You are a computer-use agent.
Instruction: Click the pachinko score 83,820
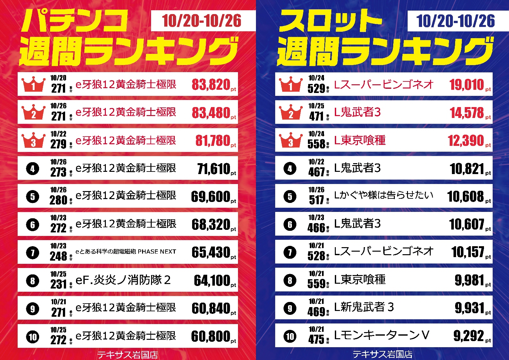(x=211, y=85)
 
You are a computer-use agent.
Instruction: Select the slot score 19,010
(x=466, y=85)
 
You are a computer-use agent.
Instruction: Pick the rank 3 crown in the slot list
(x=291, y=140)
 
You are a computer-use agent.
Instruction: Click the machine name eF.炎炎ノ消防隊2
(x=123, y=280)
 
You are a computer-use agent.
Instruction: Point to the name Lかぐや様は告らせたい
(x=384, y=196)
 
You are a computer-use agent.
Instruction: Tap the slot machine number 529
(x=316, y=88)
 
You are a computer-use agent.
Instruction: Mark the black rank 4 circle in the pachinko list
(x=33, y=169)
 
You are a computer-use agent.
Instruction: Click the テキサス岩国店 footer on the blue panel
(x=382, y=354)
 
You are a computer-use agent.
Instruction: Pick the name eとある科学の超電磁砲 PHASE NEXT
(x=126, y=252)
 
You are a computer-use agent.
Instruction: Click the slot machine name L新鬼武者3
(x=364, y=307)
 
